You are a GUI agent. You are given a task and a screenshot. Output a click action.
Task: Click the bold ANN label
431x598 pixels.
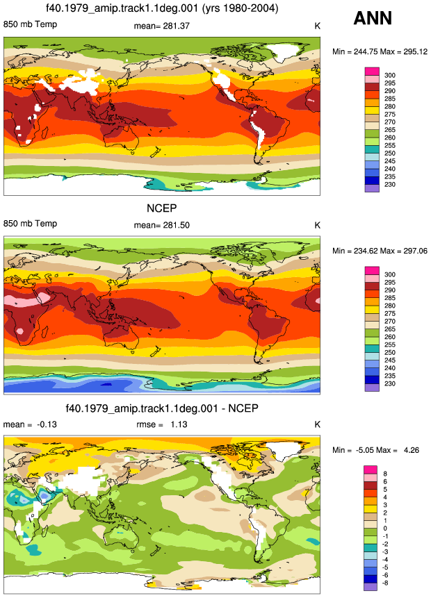[x=373, y=18]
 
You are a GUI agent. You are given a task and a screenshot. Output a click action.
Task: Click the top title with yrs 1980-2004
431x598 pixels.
[x=162, y=8]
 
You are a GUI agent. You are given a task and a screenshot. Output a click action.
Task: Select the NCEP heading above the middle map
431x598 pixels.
[x=162, y=208]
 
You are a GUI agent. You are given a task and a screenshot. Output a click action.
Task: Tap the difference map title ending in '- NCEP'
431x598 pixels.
[x=162, y=408]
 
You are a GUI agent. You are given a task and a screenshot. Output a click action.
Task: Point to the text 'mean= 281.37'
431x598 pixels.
[x=162, y=26]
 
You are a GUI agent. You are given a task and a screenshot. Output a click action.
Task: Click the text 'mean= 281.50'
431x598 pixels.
[x=162, y=225]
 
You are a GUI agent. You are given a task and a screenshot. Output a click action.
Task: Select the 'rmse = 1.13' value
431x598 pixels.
[x=162, y=424]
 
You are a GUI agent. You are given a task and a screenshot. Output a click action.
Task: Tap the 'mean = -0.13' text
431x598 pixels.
[x=30, y=424]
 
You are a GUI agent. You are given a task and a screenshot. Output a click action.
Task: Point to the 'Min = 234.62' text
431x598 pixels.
[x=355, y=251]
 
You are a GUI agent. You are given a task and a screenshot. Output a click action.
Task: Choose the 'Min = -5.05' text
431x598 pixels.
[x=353, y=450]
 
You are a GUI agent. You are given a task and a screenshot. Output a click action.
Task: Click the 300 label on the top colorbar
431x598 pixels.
[x=390, y=75]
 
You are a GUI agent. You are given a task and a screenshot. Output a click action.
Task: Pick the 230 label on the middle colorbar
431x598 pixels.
[x=390, y=383]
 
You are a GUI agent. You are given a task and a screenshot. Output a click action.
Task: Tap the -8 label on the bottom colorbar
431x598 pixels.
[x=385, y=583]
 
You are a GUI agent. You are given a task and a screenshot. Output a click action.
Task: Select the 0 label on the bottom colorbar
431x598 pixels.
[x=385, y=529]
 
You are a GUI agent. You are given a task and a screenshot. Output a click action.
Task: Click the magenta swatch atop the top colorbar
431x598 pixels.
[x=372, y=72]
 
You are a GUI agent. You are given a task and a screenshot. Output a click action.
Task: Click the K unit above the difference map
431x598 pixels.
[x=317, y=424]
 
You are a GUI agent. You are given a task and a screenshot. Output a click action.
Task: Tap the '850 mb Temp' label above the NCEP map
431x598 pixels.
[x=30, y=224]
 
